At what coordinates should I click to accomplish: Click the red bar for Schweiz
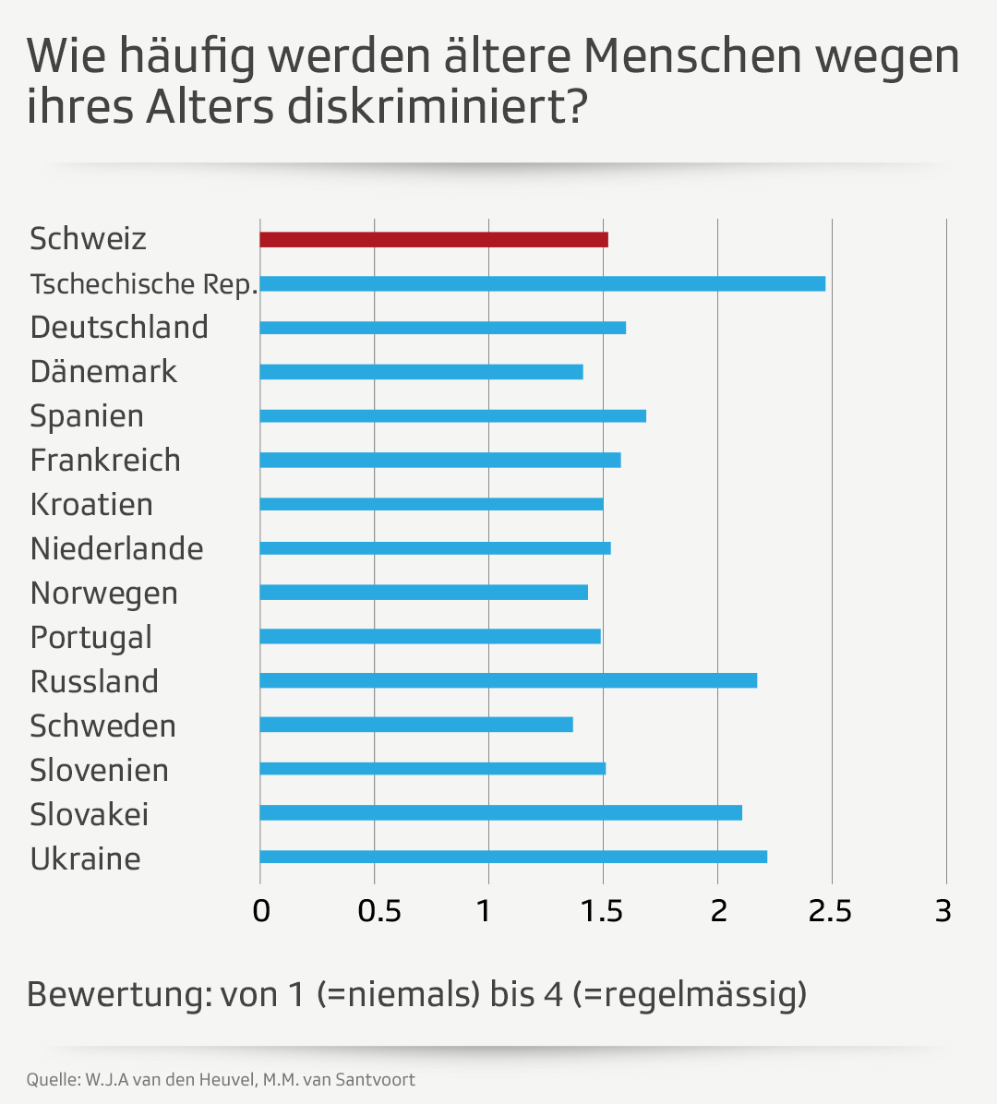click(434, 240)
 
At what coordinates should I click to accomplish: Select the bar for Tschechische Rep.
click(543, 283)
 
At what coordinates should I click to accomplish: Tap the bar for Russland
click(509, 680)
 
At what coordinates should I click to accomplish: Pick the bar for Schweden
click(416, 725)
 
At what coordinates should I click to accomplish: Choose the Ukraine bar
click(513, 857)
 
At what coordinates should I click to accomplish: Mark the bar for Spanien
click(453, 415)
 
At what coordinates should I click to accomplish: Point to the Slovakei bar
click(501, 812)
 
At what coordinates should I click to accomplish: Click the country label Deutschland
click(119, 328)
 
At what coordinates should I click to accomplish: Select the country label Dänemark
click(103, 372)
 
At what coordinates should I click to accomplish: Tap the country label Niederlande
click(116, 549)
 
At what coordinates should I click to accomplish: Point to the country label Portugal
click(90, 638)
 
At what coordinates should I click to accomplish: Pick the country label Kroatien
click(91, 505)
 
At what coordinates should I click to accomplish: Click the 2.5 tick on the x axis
click(830, 911)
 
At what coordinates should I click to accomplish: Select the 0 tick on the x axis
click(261, 911)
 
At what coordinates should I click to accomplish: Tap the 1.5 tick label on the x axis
click(602, 911)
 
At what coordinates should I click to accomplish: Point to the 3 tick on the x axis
click(943, 911)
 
